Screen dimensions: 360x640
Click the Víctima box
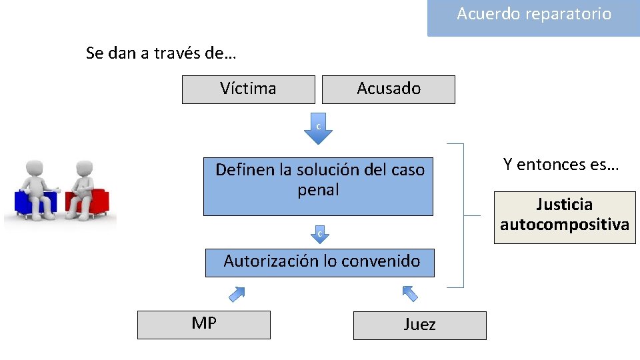point(248,89)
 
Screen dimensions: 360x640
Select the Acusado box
point(388,89)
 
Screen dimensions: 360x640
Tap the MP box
point(203,325)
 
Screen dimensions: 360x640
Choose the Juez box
point(419,325)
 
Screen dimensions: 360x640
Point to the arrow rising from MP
point(237,293)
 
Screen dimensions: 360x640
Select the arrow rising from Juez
point(410,293)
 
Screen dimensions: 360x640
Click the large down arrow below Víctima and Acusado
point(318,129)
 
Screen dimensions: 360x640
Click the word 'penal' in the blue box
point(318,190)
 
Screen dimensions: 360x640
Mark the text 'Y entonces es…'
point(561,165)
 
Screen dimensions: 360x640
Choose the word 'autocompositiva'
point(564,225)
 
